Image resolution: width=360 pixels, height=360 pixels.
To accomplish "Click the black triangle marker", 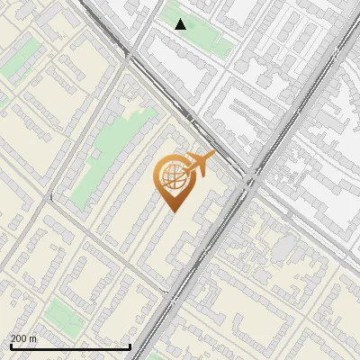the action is coord(181,24).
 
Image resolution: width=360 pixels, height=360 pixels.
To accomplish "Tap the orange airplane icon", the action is coord(197,165).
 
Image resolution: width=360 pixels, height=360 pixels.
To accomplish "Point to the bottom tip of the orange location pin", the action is coord(171,211).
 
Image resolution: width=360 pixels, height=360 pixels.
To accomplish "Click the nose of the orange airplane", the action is coord(212,156).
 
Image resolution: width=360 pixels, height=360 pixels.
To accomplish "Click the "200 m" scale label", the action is coord(23,338).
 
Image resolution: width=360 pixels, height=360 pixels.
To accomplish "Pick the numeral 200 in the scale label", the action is coord(18,338).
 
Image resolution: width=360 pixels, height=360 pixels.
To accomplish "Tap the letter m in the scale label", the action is coord(33,338).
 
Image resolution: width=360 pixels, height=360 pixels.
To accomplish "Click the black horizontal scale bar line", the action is coord(70,346).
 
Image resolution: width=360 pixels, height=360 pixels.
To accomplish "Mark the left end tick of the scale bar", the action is coord(10,345).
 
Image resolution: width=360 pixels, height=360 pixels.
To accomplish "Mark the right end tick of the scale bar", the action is coord(130,345).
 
